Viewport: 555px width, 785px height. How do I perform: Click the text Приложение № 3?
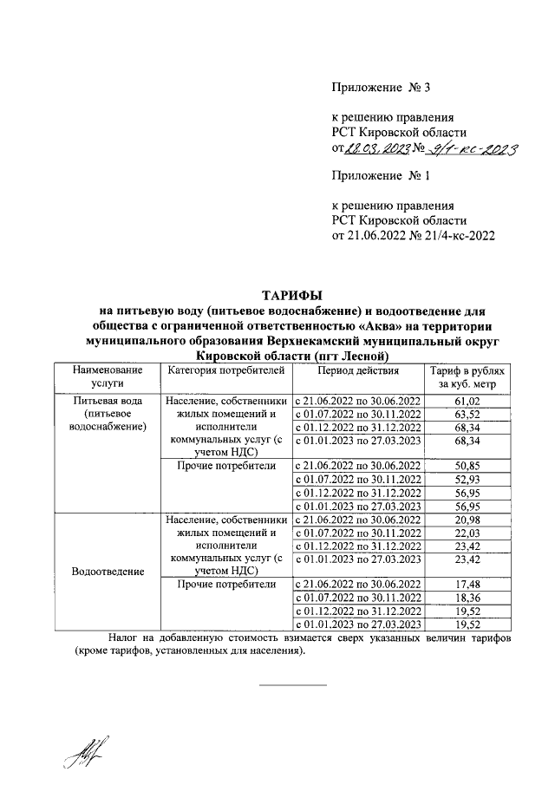pos(381,88)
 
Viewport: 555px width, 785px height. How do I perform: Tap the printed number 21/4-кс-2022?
pos(455,235)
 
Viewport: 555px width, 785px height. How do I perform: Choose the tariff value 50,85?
pos(467,466)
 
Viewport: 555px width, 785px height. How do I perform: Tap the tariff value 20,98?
pos(467,519)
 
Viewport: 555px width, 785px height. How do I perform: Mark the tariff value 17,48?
pos(467,585)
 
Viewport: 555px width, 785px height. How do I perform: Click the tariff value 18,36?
pos(467,598)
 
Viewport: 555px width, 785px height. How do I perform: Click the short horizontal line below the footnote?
pos(293,685)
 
